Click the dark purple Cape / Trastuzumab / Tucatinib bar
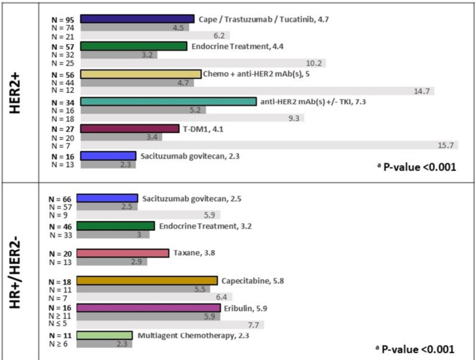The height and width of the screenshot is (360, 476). coord(137,19)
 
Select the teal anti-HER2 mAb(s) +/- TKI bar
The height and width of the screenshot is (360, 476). coord(168,101)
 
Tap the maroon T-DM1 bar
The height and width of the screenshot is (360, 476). coord(130,129)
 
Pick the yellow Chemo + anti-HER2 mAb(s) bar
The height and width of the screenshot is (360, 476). coord(140,74)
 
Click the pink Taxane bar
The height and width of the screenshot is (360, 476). coord(123,253)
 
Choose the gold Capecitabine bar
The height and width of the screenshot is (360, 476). coord(147,281)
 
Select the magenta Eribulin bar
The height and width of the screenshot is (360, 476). coord(148,307)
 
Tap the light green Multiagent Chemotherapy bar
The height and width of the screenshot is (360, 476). coord(104,335)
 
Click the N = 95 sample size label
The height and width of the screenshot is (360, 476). coord(63,19)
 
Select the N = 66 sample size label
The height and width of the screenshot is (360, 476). coord(60,199)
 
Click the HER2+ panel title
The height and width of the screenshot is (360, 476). coord(17,92)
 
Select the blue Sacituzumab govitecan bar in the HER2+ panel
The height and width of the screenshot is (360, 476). coord(108,156)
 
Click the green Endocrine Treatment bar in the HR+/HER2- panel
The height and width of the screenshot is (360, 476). coord(115,226)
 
